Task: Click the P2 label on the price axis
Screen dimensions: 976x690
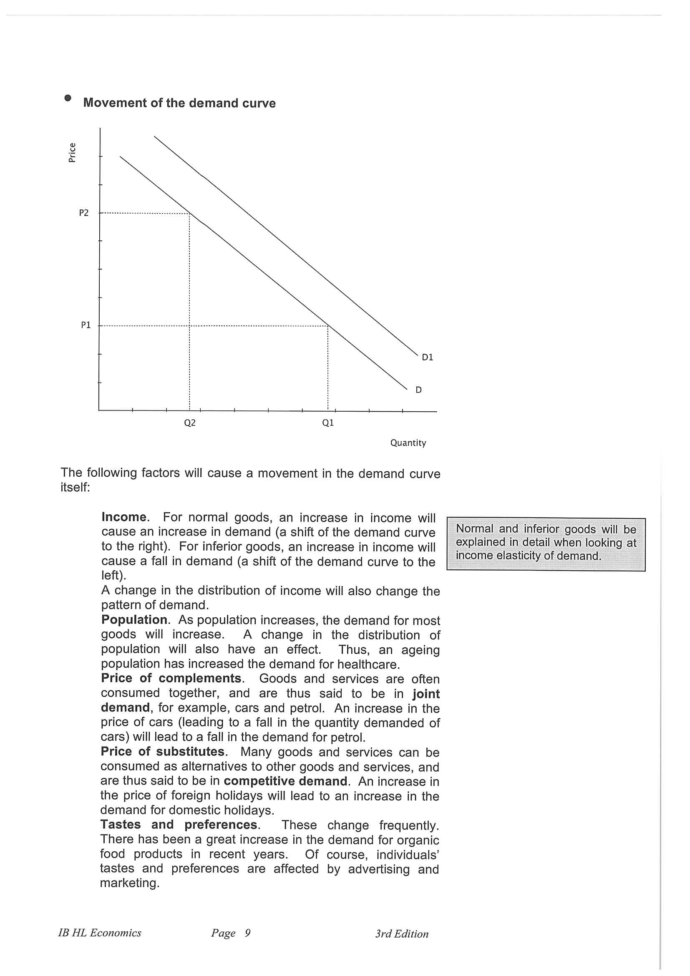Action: (84, 213)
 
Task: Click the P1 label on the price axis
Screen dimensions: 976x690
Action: (86, 325)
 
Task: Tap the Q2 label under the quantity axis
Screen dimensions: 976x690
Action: (190, 423)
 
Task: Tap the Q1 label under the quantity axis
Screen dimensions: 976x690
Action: (328, 423)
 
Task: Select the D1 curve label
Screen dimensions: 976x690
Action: (427, 357)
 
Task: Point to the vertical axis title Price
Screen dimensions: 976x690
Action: (72, 152)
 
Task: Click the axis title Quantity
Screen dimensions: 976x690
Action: (408, 443)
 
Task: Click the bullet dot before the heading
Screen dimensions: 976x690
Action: (68, 98)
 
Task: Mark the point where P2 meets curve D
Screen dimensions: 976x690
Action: (189, 214)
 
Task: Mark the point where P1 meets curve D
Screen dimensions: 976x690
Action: (328, 326)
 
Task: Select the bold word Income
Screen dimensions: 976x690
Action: (124, 517)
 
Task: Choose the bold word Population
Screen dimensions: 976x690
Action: (134, 620)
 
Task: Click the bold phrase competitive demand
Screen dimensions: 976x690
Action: (286, 781)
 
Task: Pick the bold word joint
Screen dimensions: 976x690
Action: (426, 694)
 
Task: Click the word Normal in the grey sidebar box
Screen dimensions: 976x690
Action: (474, 528)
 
